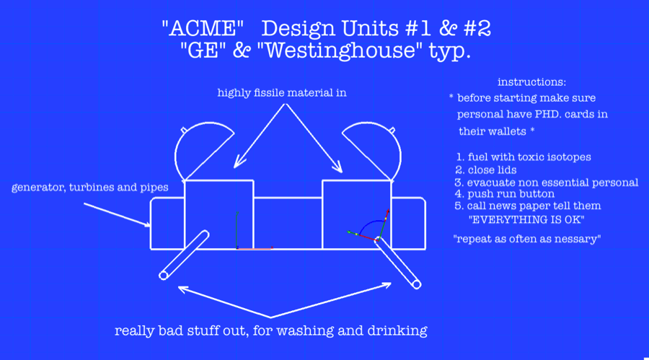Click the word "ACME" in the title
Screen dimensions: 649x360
(203, 28)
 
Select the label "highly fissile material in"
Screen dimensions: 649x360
(282, 93)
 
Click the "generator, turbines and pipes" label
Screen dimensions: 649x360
(90, 188)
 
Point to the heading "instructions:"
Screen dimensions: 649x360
(531, 82)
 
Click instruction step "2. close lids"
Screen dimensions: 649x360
(486, 170)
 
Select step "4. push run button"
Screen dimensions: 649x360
(505, 194)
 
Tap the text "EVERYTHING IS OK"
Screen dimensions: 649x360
(526, 219)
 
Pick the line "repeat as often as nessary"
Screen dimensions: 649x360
(527, 239)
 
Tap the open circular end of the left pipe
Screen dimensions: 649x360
(164, 276)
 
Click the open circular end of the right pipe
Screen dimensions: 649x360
(416, 284)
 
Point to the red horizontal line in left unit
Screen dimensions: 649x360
(255, 249)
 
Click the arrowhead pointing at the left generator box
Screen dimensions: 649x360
(147, 225)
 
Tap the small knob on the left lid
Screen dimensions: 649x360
(183, 131)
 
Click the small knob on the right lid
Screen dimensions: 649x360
(392, 131)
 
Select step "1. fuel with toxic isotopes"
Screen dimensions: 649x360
(524, 157)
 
